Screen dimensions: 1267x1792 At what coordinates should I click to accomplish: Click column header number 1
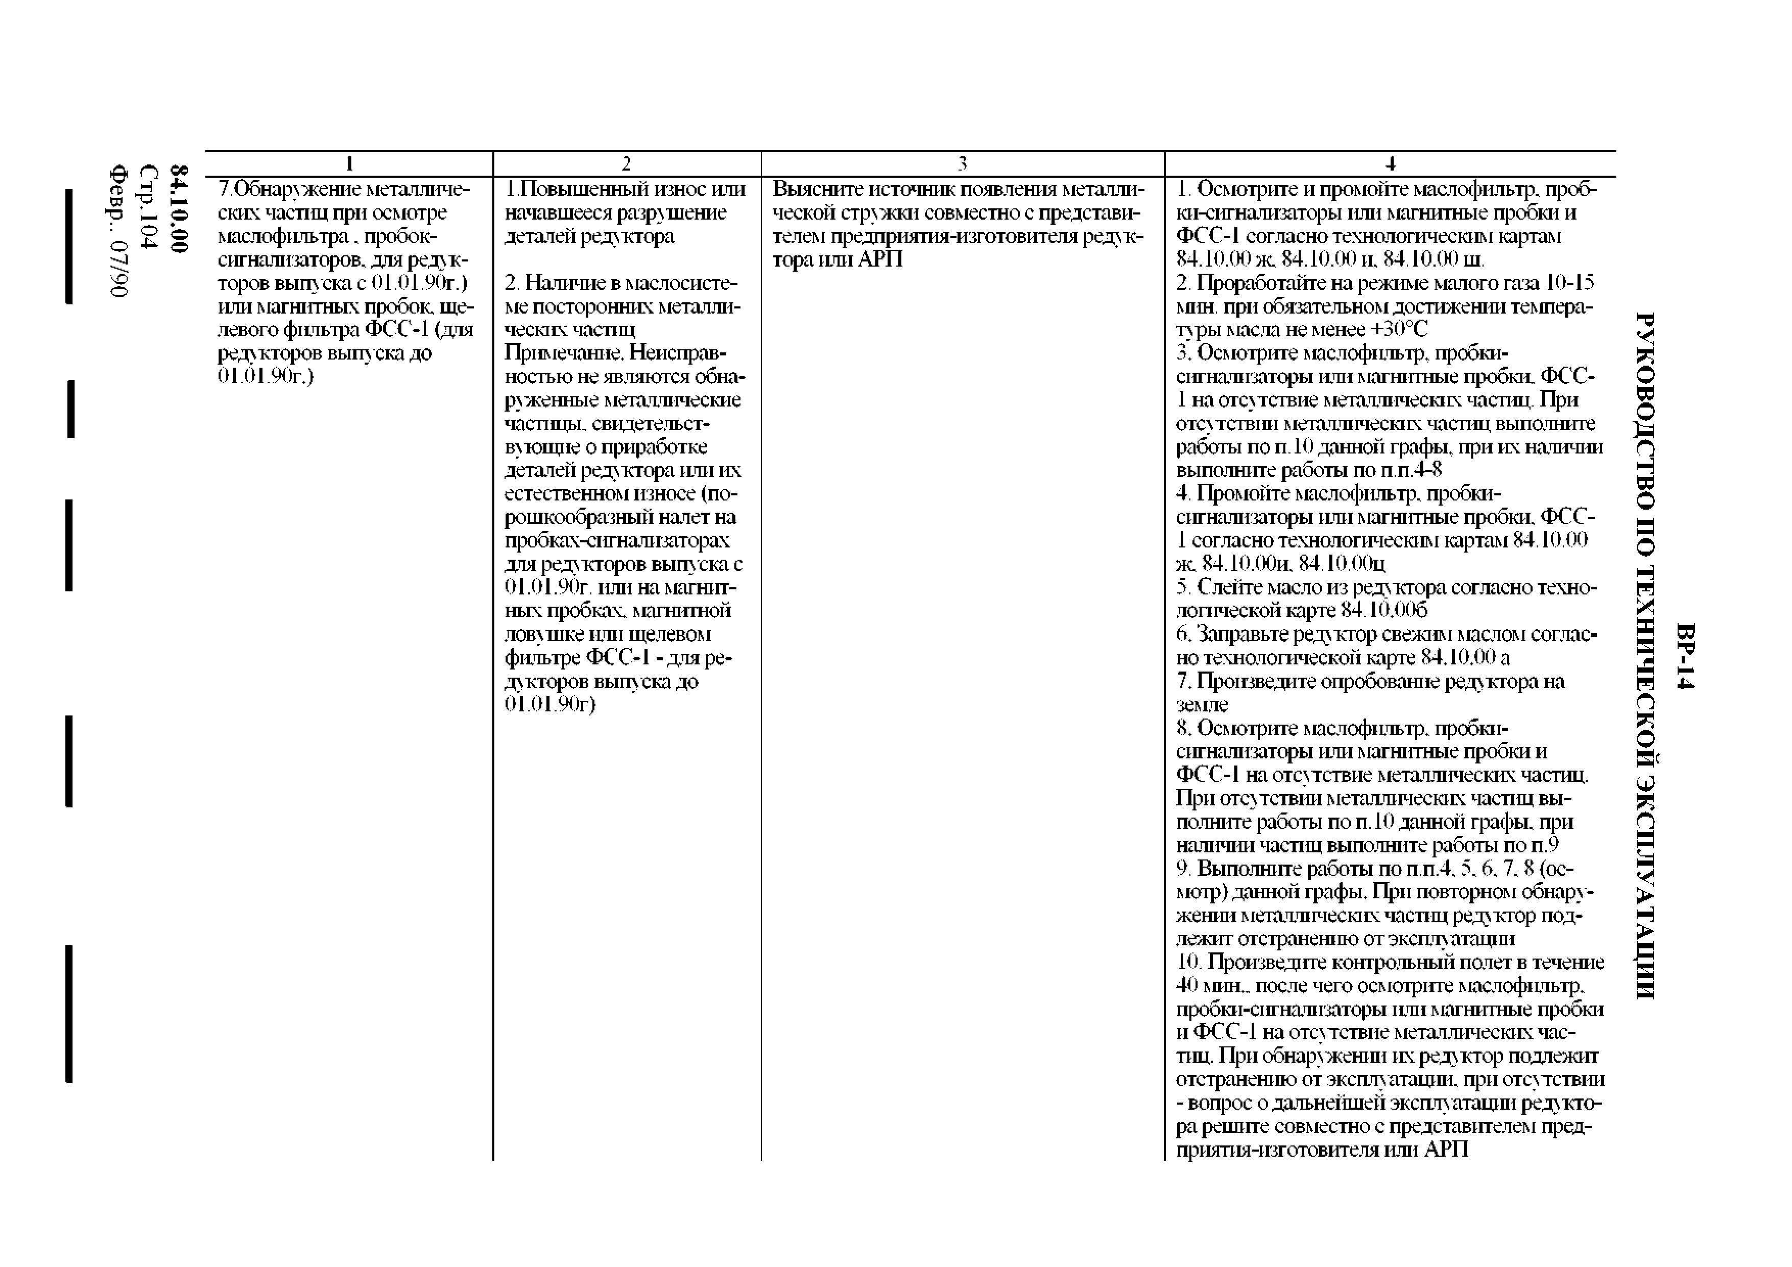tap(350, 164)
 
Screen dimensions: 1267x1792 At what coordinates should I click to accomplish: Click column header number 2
tap(626, 164)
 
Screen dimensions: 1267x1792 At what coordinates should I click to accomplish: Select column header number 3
tap(962, 164)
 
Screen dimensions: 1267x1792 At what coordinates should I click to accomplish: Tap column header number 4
tap(1390, 164)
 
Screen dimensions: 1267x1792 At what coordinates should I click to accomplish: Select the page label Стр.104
tap(148, 207)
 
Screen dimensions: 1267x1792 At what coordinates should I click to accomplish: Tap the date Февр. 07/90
tap(118, 230)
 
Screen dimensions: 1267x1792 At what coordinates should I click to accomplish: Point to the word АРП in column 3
tap(880, 259)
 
